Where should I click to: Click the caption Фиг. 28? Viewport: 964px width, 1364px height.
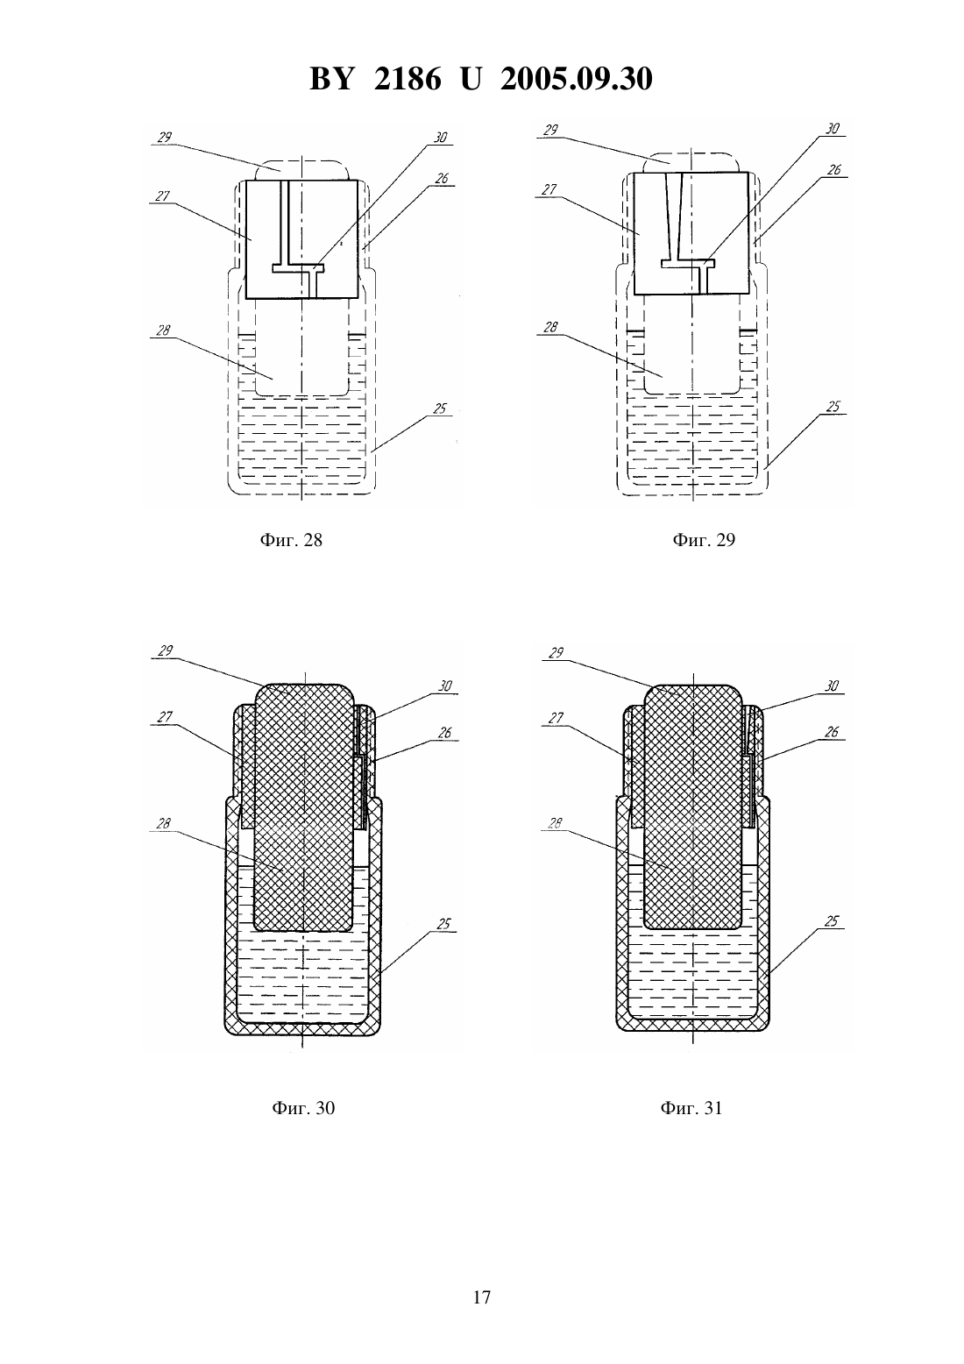(291, 540)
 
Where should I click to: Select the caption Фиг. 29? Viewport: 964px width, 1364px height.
(704, 539)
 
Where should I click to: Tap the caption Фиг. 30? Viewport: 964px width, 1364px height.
(303, 1108)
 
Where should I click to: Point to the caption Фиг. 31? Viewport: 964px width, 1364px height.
(691, 1108)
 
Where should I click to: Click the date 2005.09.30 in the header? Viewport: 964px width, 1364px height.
(577, 79)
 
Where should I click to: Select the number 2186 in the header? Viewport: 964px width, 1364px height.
(408, 79)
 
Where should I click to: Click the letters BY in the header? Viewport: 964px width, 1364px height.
(331, 79)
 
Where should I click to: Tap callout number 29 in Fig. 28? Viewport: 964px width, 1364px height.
(165, 138)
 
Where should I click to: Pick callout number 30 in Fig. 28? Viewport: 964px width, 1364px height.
(440, 138)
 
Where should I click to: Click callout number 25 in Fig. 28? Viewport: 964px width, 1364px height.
(440, 408)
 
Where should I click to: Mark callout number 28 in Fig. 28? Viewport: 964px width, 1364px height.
(163, 330)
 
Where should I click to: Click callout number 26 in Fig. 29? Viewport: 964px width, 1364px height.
(833, 170)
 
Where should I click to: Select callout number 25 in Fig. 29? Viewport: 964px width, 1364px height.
(833, 407)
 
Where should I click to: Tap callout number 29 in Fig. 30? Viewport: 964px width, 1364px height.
(166, 651)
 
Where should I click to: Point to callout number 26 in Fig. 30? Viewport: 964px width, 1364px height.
(445, 733)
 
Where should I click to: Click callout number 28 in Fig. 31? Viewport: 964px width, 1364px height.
(555, 824)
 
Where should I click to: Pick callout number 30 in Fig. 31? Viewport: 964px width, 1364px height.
(832, 686)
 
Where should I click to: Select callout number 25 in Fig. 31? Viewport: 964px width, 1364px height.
(832, 921)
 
